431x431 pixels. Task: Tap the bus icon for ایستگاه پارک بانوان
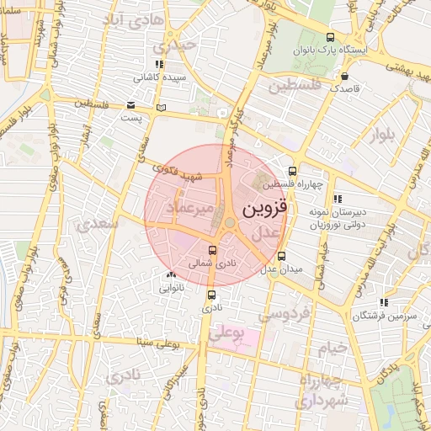pos(330,37)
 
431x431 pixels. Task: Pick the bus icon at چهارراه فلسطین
pos(293,171)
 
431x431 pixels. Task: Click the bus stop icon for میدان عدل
pos(281,256)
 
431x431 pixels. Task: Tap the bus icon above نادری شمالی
pos(211,250)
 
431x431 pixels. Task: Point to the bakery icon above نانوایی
pos(172,274)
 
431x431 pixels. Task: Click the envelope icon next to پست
pos(130,105)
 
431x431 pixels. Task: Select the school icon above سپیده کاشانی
pos(158,64)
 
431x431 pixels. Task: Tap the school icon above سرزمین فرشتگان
pos(384,301)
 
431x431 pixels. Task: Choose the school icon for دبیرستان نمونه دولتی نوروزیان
pos(338,200)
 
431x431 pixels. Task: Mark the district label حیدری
pos(180,45)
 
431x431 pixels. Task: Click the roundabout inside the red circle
pos(229,223)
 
